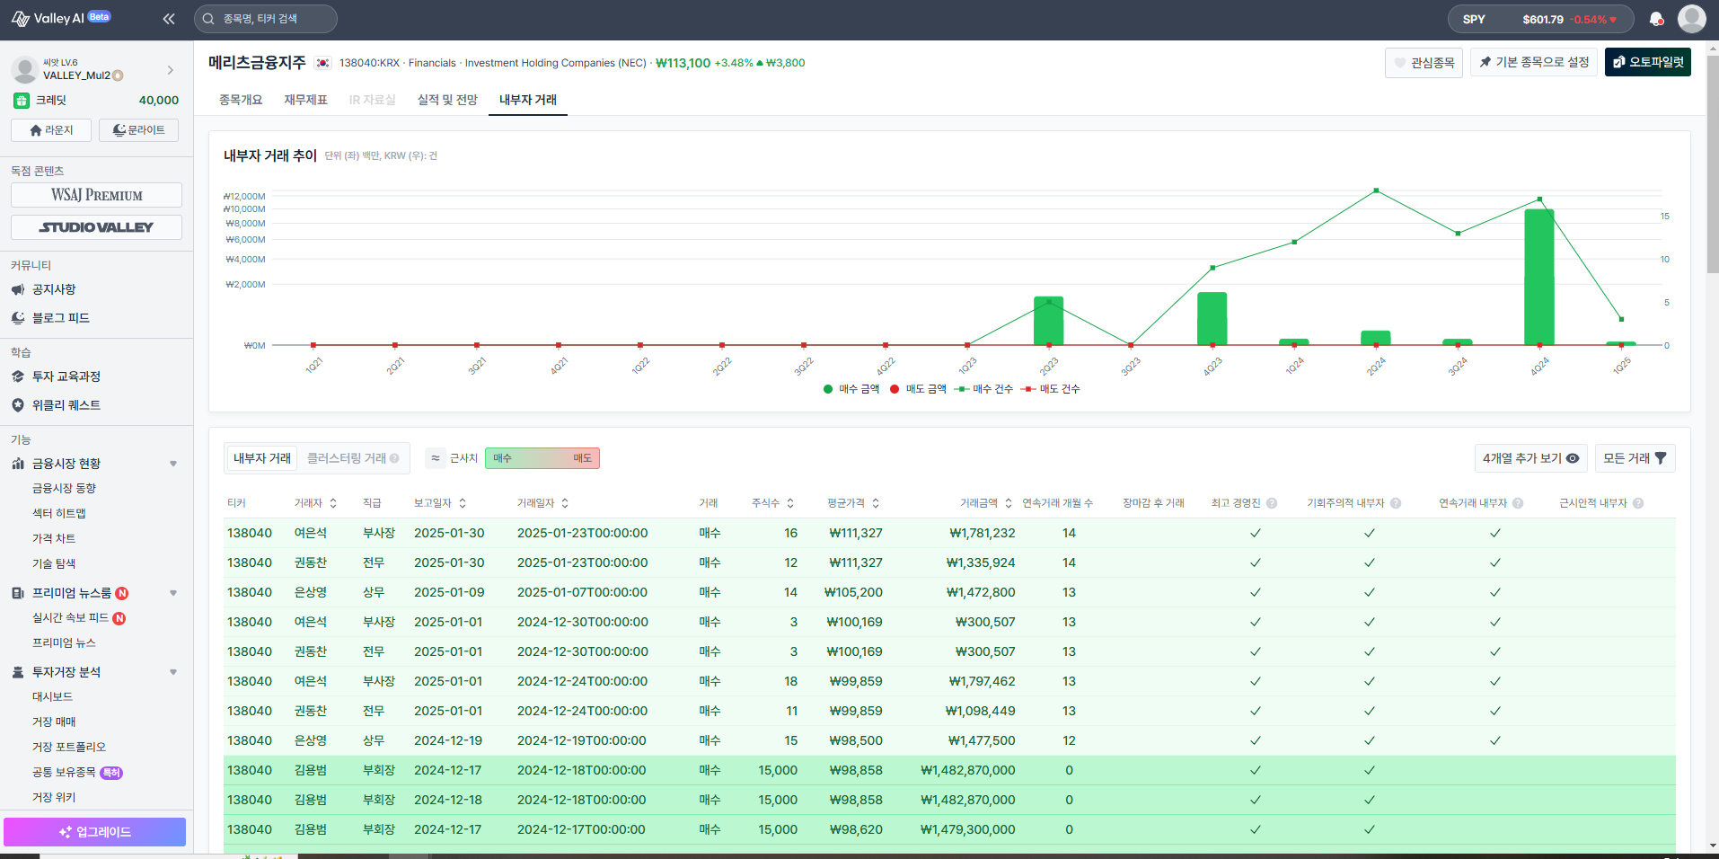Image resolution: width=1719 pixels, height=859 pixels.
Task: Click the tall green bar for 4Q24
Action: click(1539, 277)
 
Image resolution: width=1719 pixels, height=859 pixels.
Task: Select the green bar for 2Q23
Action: click(1048, 321)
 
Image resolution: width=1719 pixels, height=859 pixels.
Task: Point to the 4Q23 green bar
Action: click(1212, 319)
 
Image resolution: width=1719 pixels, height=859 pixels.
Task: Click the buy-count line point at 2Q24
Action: click(1376, 190)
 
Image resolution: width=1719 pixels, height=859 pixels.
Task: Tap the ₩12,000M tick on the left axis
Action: click(244, 196)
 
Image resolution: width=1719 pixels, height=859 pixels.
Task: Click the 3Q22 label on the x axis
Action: click(804, 366)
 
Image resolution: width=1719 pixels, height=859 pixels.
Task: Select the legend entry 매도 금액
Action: click(918, 389)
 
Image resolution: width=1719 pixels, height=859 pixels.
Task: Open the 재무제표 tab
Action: click(305, 100)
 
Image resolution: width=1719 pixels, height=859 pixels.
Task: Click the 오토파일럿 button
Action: click(1647, 62)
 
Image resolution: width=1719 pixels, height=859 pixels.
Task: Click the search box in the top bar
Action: click(266, 19)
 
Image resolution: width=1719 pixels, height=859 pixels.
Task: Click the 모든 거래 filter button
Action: click(1635, 458)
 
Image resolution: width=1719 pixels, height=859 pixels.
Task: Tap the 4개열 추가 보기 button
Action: click(1530, 458)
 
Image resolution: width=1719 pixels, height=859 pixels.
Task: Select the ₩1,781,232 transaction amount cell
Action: click(983, 533)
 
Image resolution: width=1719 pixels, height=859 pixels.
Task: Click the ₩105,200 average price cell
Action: click(853, 592)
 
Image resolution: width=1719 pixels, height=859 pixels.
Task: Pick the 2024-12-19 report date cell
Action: click(448, 740)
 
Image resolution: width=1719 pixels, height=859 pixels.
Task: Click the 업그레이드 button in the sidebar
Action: click(94, 832)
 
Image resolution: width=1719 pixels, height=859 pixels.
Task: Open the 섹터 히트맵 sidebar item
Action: click(59, 513)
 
